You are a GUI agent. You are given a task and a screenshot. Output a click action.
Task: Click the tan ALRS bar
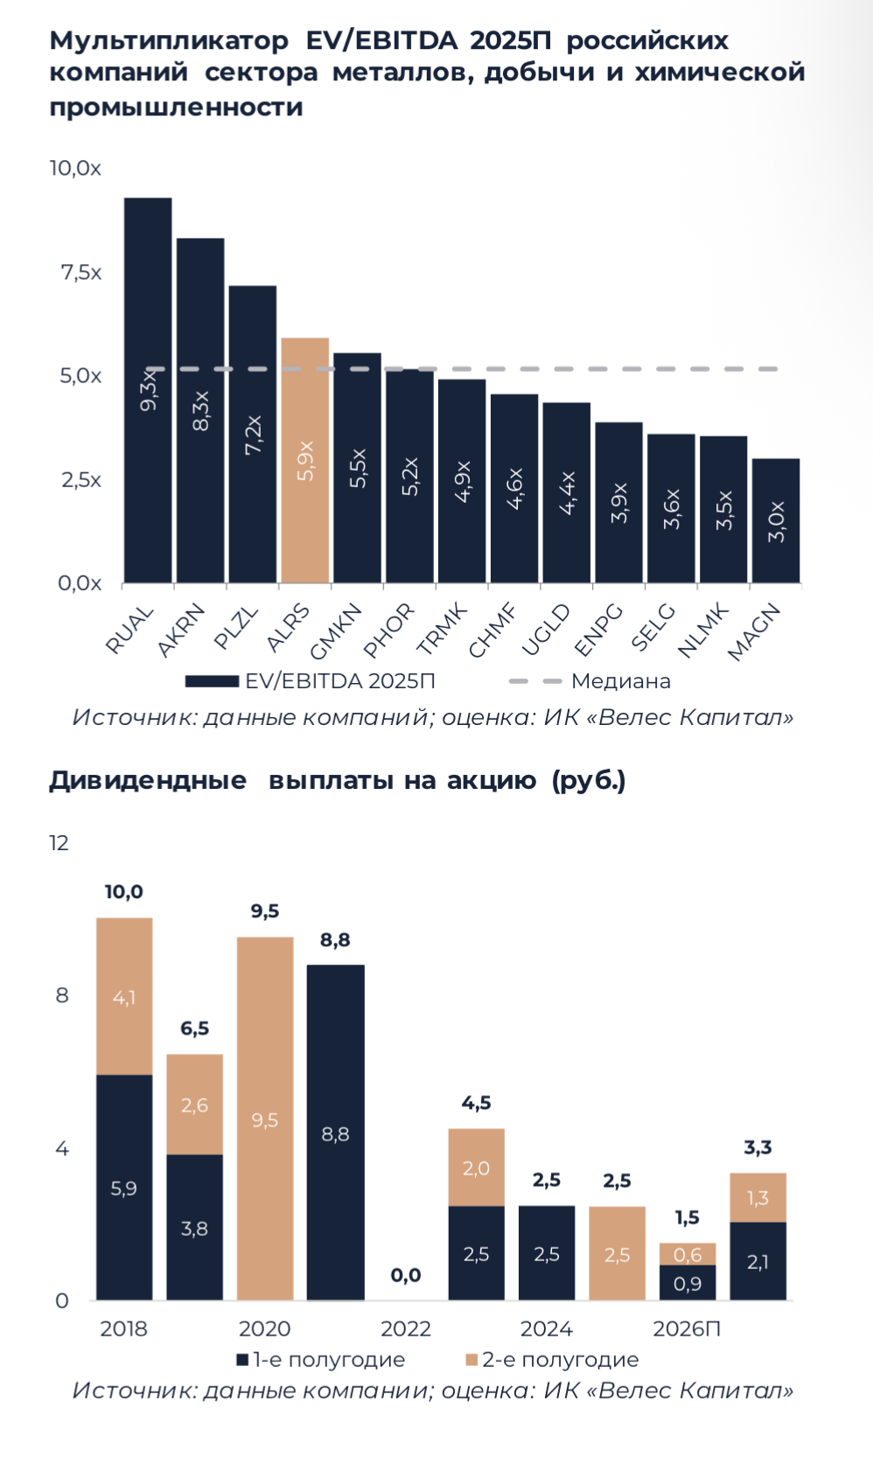[304, 460]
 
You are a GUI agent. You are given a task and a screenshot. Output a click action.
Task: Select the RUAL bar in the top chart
[147, 390]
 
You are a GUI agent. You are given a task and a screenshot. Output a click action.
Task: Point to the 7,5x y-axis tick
[80, 273]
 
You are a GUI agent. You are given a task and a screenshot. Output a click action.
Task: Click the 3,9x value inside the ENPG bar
[619, 503]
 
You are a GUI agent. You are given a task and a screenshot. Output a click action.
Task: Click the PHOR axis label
[389, 630]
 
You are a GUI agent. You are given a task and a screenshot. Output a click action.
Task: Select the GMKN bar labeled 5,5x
[357, 468]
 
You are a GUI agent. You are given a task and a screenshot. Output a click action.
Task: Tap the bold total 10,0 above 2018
[123, 892]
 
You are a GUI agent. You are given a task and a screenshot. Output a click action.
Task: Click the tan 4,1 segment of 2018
[123, 997]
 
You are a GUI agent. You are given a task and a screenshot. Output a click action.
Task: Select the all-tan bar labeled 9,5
[264, 1119]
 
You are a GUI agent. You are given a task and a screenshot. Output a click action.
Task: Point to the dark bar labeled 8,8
[335, 1133]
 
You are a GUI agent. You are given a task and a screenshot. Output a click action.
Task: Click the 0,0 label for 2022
[405, 1275]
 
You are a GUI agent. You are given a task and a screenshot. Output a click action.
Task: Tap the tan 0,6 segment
[688, 1254]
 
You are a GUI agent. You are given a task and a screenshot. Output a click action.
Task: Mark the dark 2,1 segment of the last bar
[758, 1261]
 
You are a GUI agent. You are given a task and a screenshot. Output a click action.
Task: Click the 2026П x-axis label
[687, 1329]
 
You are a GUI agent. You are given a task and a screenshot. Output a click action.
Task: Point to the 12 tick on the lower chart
[59, 843]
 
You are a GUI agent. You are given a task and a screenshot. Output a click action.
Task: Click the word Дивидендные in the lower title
[147, 780]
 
